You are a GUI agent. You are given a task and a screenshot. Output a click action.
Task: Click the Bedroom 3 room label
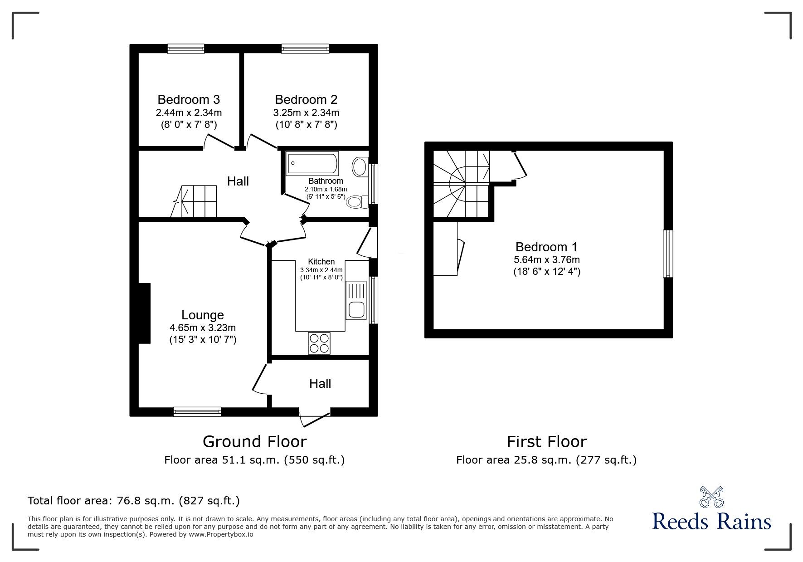click(x=189, y=99)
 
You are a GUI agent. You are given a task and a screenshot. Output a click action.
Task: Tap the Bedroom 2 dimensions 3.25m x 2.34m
click(x=306, y=112)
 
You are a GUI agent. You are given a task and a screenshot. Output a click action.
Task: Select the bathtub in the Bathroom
click(x=312, y=163)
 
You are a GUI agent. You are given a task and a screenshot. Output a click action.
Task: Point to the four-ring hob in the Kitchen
click(x=319, y=343)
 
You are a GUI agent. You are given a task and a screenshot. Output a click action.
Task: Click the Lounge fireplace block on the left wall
click(x=144, y=313)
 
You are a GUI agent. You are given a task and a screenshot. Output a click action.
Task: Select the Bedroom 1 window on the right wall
click(x=667, y=254)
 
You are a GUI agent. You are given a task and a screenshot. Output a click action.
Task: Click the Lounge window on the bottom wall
click(x=197, y=411)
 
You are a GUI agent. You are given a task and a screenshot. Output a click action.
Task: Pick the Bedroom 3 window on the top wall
click(x=185, y=49)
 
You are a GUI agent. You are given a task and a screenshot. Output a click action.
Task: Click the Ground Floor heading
click(x=254, y=441)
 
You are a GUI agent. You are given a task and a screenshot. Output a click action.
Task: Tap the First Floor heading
click(x=546, y=441)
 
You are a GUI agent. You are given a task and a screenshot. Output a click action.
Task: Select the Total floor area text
click(x=134, y=501)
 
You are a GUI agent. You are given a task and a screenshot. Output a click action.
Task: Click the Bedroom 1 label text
click(x=546, y=247)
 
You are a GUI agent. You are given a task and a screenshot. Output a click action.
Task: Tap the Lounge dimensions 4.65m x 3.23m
click(x=203, y=327)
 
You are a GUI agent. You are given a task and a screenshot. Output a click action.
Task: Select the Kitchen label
click(x=321, y=262)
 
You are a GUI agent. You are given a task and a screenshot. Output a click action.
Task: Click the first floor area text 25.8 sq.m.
click(x=546, y=460)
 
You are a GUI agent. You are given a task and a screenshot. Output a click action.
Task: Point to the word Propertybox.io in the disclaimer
click(x=220, y=534)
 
